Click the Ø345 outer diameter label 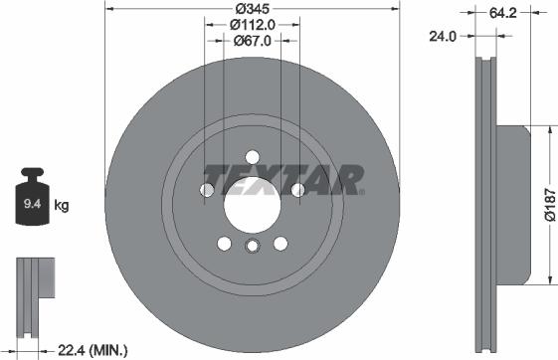253,8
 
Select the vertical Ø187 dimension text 548,206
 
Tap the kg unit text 62,206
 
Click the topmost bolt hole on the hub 252,156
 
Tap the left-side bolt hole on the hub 209,190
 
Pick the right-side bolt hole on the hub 295,190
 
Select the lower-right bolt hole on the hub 279,242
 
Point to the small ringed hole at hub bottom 252,248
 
